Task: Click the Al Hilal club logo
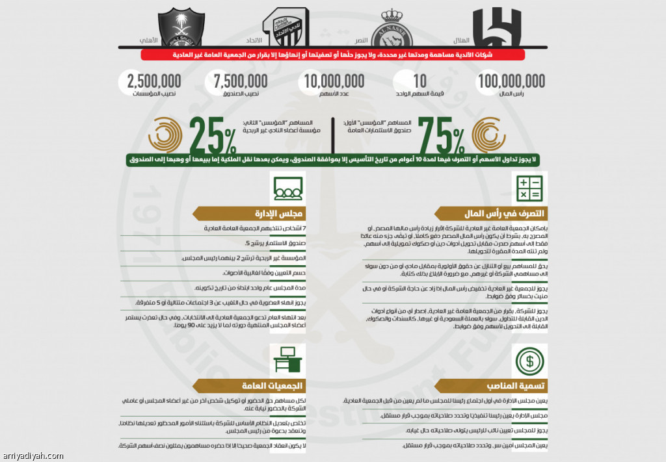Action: (x=497, y=27)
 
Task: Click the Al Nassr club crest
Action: (x=392, y=27)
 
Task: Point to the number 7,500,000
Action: (x=241, y=81)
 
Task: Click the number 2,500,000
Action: (x=154, y=81)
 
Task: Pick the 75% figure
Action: (x=441, y=135)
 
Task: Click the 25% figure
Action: (x=213, y=135)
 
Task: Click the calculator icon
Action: (x=529, y=188)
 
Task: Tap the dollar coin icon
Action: (x=529, y=360)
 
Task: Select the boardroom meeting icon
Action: (x=287, y=188)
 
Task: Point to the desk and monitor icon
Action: (x=287, y=360)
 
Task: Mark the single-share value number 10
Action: (x=420, y=81)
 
